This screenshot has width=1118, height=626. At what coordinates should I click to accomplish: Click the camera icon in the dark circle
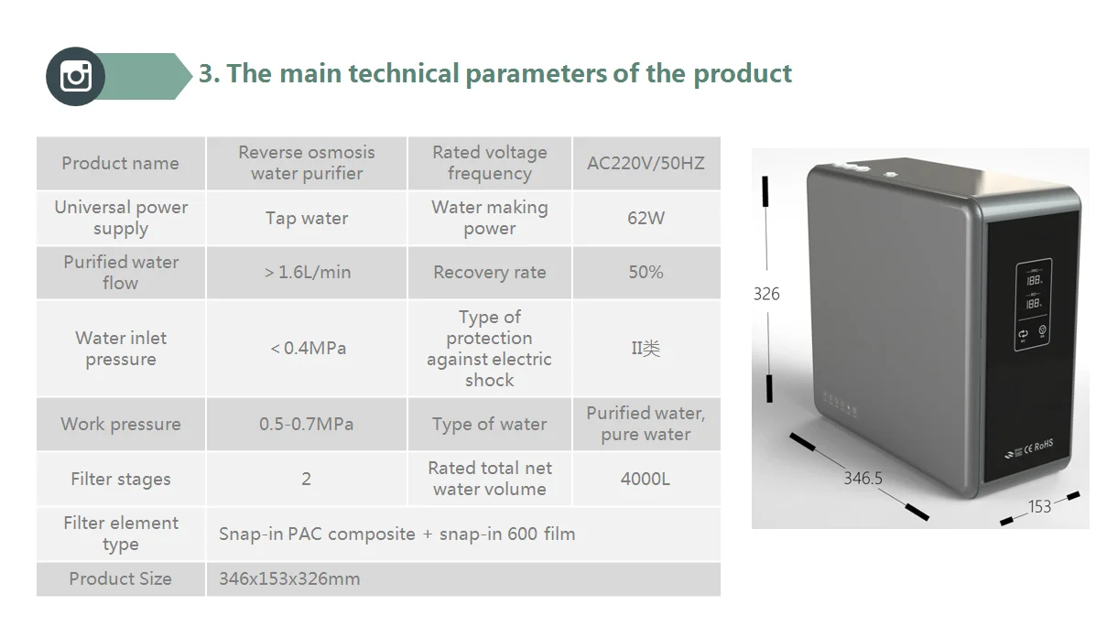click(76, 76)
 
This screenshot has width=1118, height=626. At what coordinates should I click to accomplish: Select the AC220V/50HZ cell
click(646, 163)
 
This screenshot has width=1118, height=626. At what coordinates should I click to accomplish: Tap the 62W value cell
click(646, 218)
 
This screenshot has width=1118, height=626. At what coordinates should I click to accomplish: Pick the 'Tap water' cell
click(307, 218)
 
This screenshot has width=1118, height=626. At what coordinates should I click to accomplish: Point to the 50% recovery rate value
click(646, 273)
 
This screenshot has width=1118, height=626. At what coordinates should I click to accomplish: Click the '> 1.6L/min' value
click(308, 273)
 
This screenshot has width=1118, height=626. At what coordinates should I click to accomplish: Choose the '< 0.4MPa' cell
click(307, 348)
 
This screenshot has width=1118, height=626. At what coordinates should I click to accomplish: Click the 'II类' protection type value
click(646, 348)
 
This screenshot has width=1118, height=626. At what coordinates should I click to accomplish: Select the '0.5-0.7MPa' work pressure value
click(307, 424)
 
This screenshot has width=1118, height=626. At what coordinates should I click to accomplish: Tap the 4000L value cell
click(646, 479)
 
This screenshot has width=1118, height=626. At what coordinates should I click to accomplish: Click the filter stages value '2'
click(307, 479)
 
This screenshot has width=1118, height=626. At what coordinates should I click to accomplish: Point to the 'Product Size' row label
click(120, 578)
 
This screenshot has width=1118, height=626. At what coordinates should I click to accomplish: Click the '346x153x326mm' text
click(289, 578)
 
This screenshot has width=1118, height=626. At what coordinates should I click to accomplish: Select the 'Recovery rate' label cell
click(490, 273)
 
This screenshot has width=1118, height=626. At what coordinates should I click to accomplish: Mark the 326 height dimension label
click(766, 294)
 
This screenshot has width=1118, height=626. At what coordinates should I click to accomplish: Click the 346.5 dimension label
click(863, 479)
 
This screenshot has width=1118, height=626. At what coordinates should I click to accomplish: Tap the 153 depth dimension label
click(1039, 507)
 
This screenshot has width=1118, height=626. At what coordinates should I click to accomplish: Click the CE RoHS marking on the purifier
click(1038, 447)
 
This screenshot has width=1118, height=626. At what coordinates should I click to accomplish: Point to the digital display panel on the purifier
click(1033, 304)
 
